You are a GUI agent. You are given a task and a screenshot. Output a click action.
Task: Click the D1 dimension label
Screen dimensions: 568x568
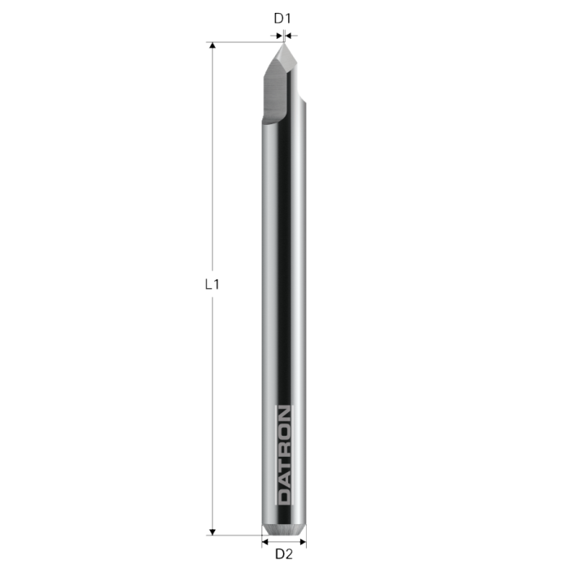click(282, 17)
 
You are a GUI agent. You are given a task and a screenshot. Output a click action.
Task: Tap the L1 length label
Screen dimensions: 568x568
click(212, 285)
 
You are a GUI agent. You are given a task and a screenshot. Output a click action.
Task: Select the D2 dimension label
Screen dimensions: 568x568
click(284, 554)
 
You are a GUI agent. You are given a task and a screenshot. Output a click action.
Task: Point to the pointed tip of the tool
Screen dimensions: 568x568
click(284, 44)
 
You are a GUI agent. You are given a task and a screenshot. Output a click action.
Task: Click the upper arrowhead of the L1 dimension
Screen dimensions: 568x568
click(213, 47)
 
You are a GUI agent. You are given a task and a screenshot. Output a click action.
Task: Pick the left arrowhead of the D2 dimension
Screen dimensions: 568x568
click(266, 542)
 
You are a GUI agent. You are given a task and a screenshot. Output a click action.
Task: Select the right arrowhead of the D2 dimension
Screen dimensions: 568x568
click(302, 542)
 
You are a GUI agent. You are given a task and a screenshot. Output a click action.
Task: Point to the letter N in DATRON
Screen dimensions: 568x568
click(284, 412)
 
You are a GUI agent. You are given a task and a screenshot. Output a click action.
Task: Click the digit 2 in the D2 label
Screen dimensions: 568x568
click(288, 554)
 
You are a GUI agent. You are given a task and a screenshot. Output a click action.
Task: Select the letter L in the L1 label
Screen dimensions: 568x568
click(209, 285)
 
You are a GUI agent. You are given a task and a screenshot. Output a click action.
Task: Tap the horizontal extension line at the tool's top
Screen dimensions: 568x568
click(243, 42)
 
